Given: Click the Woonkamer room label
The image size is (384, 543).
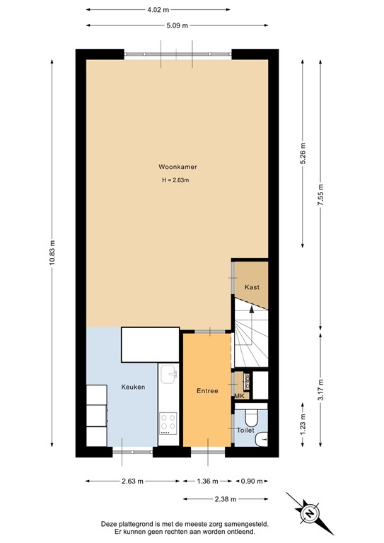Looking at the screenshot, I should click(178, 168).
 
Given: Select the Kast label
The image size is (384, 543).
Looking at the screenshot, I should click(252, 287).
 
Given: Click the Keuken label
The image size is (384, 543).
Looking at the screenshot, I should click(133, 387).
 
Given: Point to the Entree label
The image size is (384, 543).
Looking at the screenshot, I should click(206, 391).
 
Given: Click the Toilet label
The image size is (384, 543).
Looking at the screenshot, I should click(245, 429).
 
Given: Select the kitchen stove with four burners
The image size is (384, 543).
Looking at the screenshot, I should click(168, 422).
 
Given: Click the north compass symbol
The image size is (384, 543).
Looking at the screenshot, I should click(310, 511).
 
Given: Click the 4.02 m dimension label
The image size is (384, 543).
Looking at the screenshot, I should click(158, 9).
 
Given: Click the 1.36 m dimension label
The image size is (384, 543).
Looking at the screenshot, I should click(207, 481).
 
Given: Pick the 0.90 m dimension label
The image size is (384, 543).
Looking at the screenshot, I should click(252, 481).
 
